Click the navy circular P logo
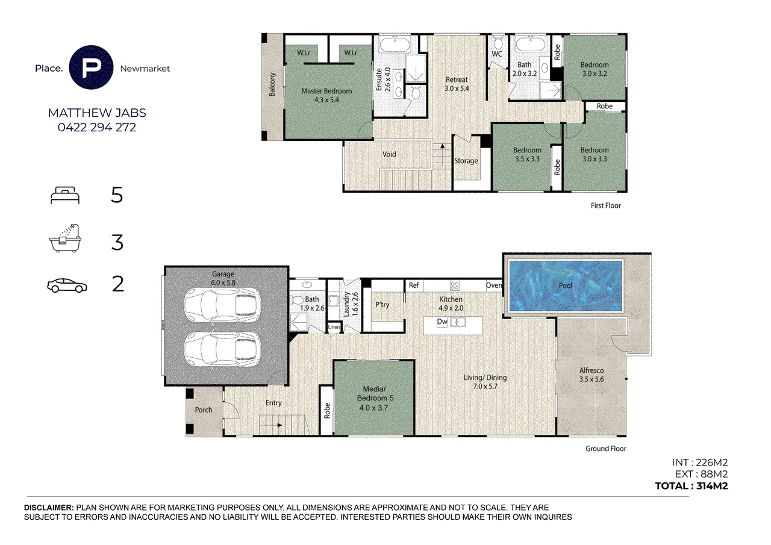tap(91, 67)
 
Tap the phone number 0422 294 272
tap(97, 128)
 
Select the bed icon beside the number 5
tap(65, 195)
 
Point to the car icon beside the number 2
tap(67, 285)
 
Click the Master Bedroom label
tap(326, 95)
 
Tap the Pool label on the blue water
tap(566, 285)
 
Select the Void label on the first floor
tap(389, 155)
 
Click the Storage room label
tap(466, 161)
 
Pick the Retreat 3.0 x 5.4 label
tap(457, 84)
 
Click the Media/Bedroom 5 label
tap(375, 398)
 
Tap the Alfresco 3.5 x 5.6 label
tap(592, 375)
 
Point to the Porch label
tap(204, 410)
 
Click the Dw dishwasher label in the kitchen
tap(442, 322)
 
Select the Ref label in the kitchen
tap(414, 285)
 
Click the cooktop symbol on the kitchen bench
tap(455, 285)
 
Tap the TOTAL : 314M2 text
tap(691, 486)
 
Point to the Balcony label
tap(272, 84)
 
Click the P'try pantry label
tap(382, 305)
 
